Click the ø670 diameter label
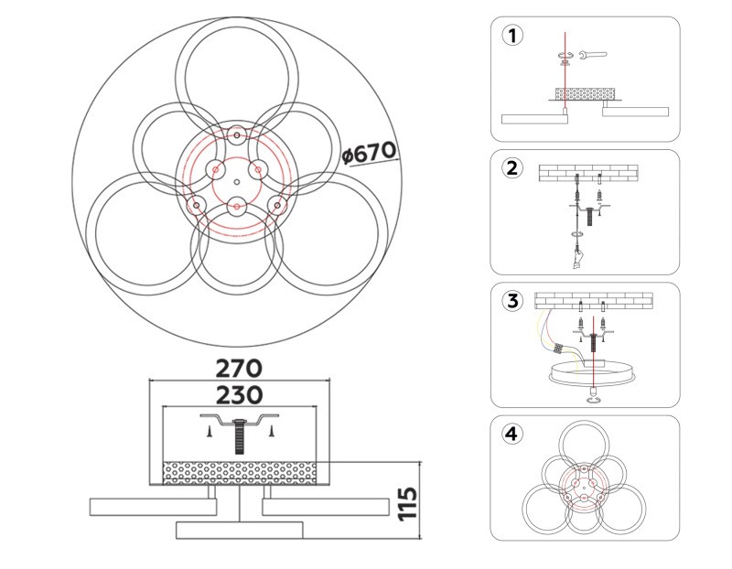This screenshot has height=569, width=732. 369,153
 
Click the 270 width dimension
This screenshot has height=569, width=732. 239,369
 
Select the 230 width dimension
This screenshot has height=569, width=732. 239,395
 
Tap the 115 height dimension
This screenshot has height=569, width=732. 408,503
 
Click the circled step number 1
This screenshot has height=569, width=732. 512,36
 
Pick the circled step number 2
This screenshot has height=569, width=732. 512,168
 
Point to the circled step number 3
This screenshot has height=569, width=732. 512,301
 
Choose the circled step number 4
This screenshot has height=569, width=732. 512,435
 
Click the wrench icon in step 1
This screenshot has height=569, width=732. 592,55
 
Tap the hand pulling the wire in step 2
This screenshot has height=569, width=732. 578,259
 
